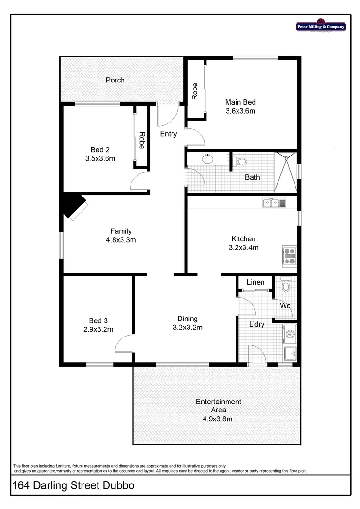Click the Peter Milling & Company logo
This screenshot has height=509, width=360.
point(321,26)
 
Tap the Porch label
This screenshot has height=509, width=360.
point(115,80)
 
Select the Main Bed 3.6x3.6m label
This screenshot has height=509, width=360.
point(240,107)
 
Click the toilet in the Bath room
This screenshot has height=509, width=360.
point(242,162)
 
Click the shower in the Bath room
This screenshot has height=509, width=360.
point(286,172)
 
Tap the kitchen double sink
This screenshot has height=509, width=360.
point(274,203)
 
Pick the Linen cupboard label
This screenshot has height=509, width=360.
point(255,282)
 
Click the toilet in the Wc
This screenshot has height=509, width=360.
point(286,285)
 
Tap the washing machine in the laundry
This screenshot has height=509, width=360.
point(289,335)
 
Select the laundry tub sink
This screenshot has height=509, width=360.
point(289,352)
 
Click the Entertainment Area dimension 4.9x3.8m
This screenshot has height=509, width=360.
point(218,418)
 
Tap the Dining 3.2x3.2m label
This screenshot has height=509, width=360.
point(187,323)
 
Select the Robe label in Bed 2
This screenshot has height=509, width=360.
point(141,140)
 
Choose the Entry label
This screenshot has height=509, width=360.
point(168,134)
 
